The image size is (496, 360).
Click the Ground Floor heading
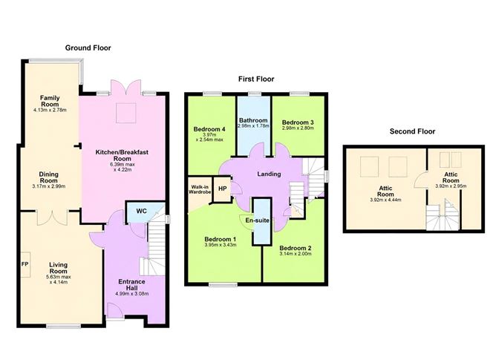point(88,48)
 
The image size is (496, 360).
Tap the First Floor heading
point(256,79)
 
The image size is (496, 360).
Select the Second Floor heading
point(413,131)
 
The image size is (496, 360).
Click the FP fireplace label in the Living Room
point(25,264)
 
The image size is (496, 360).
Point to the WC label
point(141,211)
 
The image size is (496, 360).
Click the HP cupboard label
point(222,189)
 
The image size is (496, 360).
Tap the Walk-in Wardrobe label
point(200,189)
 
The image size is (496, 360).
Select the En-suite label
point(257,220)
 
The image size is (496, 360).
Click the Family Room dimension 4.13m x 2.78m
point(50,110)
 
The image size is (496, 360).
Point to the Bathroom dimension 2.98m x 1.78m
point(253,126)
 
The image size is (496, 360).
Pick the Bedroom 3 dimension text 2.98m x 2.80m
point(298,128)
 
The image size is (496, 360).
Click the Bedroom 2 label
point(296,248)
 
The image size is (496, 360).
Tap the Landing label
point(269,174)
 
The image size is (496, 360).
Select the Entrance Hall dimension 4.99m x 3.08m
point(132,294)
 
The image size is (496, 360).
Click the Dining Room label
point(49,177)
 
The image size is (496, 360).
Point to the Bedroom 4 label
point(209,129)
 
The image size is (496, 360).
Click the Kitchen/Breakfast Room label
point(122,155)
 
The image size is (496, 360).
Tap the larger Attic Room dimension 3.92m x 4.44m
point(385,200)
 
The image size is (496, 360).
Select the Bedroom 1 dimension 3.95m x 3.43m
point(221,245)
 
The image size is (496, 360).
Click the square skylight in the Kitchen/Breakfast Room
point(126,113)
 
